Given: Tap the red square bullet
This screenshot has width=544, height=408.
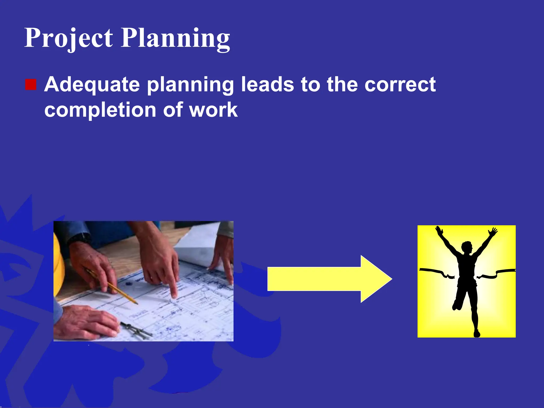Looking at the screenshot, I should (x=31, y=85).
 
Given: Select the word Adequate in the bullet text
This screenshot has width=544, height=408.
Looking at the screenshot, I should (x=92, y=85).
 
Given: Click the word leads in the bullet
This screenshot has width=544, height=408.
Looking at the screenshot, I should (x=267, y=85).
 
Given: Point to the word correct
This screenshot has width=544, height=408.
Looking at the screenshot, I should (x=400, y=85).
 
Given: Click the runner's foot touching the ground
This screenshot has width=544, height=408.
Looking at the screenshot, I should (x=477, y=333).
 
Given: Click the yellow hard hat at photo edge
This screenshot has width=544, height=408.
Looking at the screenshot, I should (x=58, y=266).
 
